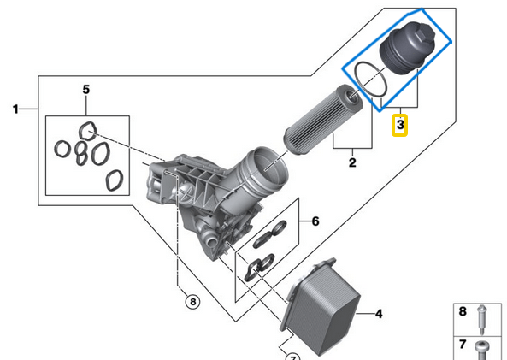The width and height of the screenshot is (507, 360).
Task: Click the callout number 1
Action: pos(15,109)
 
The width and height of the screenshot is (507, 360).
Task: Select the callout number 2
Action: pos(352,162)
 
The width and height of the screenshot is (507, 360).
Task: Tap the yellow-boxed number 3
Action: pos(400,125)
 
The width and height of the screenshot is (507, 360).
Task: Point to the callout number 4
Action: pos(379,314)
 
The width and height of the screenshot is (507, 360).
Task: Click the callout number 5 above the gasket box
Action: pos(86,89)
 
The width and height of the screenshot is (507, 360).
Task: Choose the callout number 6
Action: pos(315,221)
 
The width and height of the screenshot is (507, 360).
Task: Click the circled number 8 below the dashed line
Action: pos(192,302)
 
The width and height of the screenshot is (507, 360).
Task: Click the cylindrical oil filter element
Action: pos(322,120)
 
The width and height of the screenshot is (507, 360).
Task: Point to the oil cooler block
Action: pos(321,307)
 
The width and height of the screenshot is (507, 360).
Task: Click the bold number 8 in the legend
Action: pos(463,311)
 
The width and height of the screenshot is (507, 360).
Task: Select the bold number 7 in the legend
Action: pos(463,345)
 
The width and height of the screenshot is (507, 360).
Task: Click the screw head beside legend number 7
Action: pos(482,348)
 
